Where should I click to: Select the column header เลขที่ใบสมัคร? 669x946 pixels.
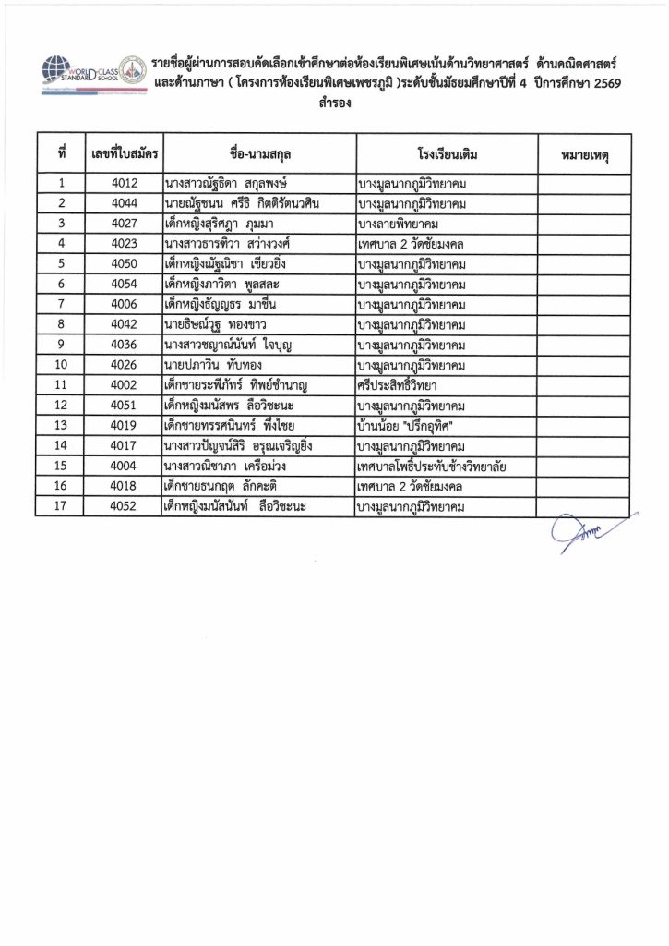point(122,151)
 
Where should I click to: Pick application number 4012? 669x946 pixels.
point(123,183)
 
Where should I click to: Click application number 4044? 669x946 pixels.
point(123,203)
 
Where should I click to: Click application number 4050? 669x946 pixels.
point(123,264)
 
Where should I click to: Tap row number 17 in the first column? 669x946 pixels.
point(62,508)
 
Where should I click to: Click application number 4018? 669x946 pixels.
point(123,488)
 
